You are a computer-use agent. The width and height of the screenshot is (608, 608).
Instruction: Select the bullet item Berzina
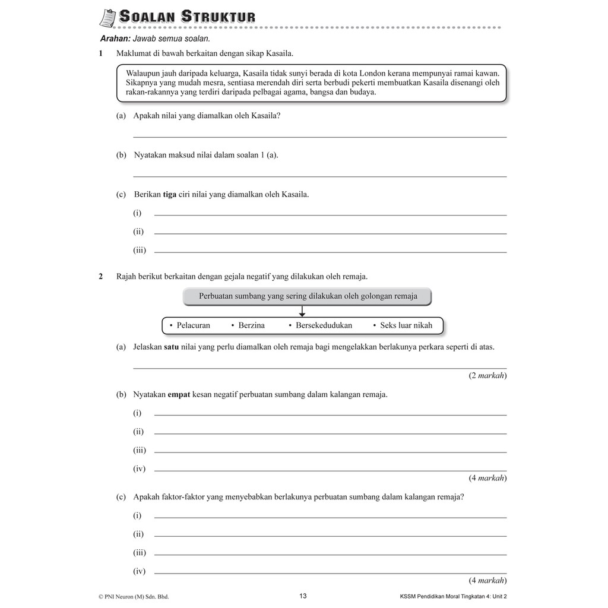[x=251, y=325]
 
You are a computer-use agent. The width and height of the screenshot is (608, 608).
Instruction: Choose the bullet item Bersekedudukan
[x=324, y=325]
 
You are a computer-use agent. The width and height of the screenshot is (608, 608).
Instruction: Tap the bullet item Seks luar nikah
[x=406, y=325]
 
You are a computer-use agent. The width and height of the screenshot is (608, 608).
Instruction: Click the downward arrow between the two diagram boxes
[x=302, y=311]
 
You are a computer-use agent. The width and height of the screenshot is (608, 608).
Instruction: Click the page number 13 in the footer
[x=303, y=596]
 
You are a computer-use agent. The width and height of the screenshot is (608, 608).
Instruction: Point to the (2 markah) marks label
[x=487, y=375]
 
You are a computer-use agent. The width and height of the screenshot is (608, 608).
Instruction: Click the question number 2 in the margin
[x=102, y=276]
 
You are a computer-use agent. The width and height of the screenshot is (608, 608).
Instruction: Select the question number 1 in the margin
[x=102, y=54]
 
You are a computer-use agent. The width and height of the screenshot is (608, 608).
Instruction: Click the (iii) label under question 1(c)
[x=140, y=251]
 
